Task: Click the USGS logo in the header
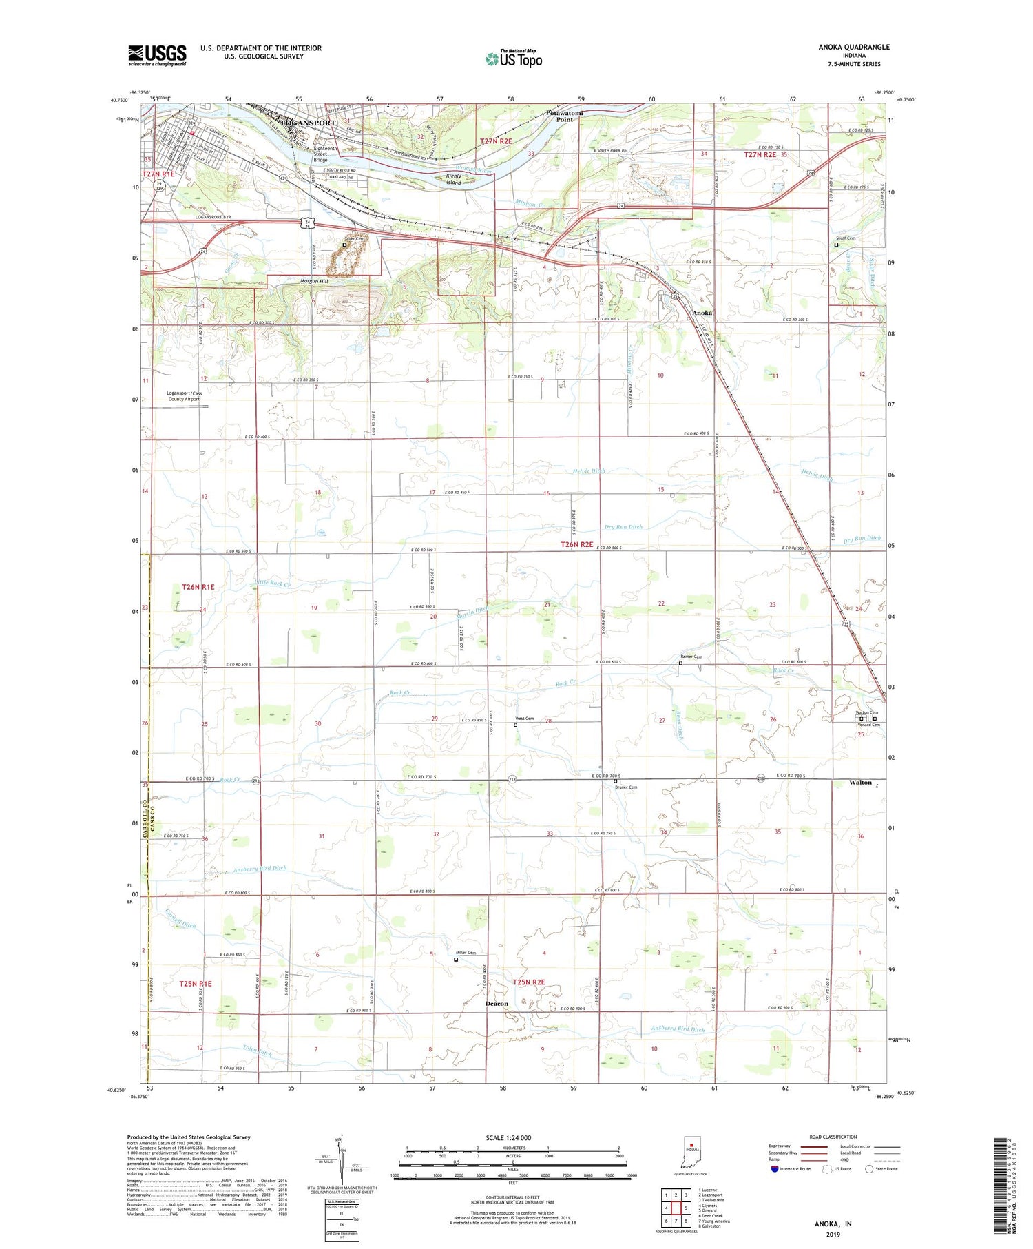coord(157,55)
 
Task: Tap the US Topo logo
coord(513,58)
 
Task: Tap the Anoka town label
coord(702,313)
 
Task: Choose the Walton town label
coord(859,783)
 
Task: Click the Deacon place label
coord(497,1004)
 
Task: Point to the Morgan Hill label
coord(314,281)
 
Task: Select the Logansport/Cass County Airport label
coord(183,396)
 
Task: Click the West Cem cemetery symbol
coord(516,725)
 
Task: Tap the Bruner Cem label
coord(627,787)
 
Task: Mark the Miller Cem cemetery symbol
coord(455,959)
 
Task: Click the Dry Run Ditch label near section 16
coord(623,527)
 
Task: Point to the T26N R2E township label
coord(576,544)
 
